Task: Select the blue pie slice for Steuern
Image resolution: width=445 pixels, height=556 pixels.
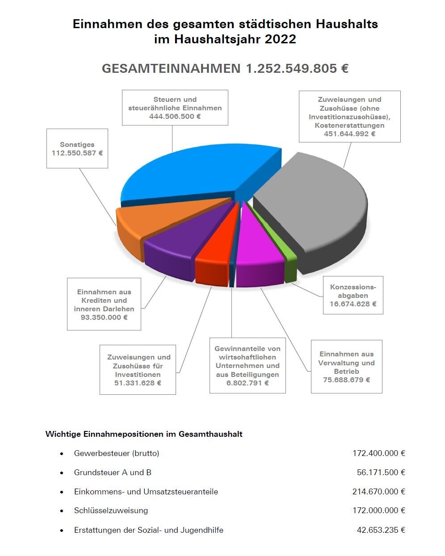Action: [197, 174]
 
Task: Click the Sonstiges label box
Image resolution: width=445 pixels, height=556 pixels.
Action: [77, 148]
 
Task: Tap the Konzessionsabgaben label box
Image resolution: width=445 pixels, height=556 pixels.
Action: [353, 295]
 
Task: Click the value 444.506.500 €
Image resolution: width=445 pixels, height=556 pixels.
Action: [175, 117]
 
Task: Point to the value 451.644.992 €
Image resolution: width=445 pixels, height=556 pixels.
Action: [350, 134]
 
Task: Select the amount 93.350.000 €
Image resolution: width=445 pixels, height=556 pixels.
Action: [104, 318]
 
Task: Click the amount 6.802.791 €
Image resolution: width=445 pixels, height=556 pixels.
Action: [248, 383]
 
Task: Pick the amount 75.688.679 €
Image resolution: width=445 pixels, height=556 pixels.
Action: [346, 380]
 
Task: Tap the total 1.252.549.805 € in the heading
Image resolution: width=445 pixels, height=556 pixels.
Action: [297, 68]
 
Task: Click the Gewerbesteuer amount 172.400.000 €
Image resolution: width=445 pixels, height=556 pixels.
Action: [378, 453]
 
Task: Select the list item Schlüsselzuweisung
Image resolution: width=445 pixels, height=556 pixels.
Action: [111, 510]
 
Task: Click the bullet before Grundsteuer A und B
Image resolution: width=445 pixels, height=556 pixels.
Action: [62, 473]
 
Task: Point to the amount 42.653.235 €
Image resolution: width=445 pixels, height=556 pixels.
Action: [381, 530]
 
